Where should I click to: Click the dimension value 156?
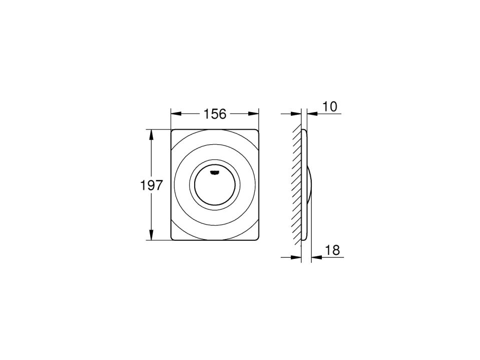pyautogui.click(x=215, y=114)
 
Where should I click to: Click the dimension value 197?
pyautogui.click(x=152, y=185)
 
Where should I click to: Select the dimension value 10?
pyautogui.click(x=330, y=107)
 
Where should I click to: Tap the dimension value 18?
pyautogui.click(x=332, y=250)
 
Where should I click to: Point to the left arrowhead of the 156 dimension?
pyautogui.click(x=176, y=114)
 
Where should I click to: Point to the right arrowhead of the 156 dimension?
pyautogui.click(x=254, y=114)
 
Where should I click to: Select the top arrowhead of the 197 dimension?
pyautogui.click(x=151, y=134)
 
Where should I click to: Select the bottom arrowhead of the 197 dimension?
pyautogui.click(x=151, y=235)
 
